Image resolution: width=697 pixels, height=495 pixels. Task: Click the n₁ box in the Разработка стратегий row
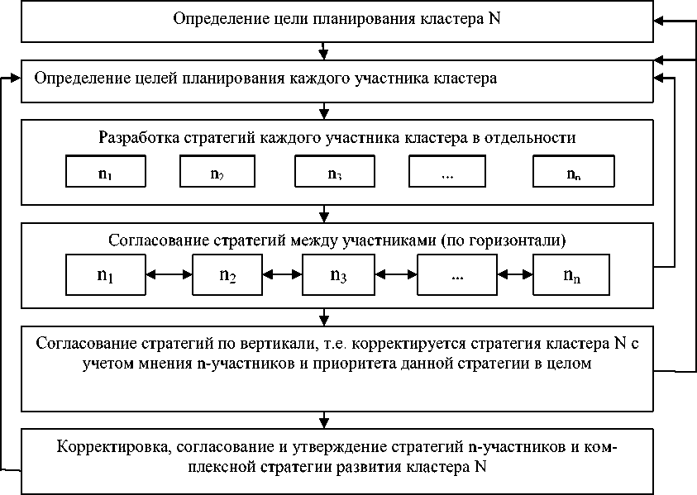coord(105,173)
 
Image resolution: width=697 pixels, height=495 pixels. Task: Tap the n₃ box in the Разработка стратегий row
coord(334,173)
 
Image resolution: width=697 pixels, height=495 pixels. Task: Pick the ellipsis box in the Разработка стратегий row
coord(448,173)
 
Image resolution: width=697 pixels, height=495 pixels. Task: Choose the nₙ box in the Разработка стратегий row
coord(573,173)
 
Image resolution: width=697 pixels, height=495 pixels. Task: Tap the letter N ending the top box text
coord(494,18)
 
